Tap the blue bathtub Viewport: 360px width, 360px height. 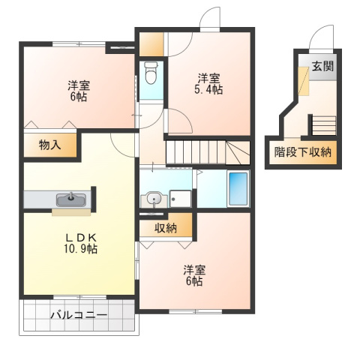238,190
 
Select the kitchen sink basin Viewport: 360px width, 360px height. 70,199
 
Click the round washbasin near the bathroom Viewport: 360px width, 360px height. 154,199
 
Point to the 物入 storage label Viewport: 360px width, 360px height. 49,145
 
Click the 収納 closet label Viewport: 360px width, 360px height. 166,228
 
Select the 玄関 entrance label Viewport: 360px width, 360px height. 323,65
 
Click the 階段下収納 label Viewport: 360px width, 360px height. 302,151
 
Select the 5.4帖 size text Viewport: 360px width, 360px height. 209,90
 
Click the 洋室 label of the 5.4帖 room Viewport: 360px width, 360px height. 209,78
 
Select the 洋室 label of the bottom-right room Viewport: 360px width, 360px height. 195,270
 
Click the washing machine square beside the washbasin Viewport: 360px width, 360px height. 181,199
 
